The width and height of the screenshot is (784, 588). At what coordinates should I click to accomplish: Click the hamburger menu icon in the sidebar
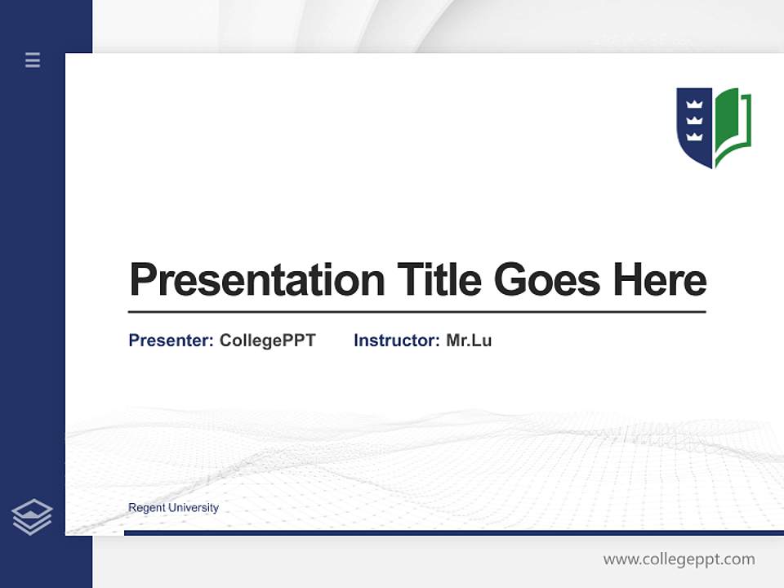pos(33,60)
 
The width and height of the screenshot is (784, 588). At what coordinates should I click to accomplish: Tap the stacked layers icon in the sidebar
pos(32,517)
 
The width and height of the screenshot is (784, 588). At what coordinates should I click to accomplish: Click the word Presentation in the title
pos(256,280)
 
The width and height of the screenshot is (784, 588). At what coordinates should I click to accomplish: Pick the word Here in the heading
pos(660,280)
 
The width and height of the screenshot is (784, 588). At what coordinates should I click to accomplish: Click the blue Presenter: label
pos(171,341)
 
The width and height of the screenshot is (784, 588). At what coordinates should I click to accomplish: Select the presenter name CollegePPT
pos(267,341)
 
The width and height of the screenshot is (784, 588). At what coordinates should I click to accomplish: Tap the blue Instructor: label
pos(396,341)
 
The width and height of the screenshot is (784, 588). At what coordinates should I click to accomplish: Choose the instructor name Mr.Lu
pos(469,341)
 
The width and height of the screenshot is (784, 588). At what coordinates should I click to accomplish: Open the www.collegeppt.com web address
pos(679,559)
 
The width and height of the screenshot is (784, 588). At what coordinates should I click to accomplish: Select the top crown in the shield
pos(695,105)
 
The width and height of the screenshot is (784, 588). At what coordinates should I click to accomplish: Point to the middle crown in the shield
pos(695,120)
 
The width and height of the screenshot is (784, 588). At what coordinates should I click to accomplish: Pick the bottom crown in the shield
pos(695,136)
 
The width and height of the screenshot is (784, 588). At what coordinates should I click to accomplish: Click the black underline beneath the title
pos(416,312)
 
